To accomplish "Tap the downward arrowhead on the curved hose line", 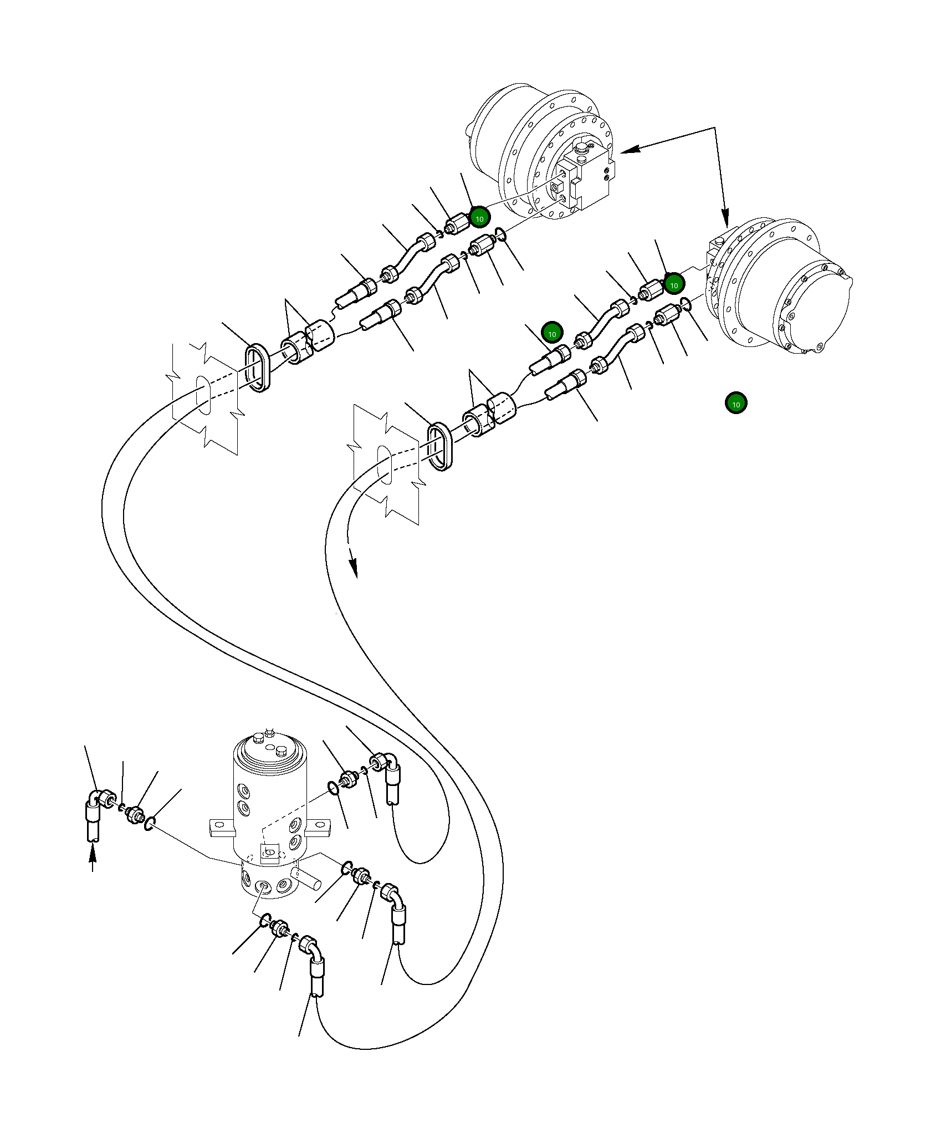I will pyautogui.click(x=354, y=569).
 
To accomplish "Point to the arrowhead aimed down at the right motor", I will pyautogui.click(x=725, y=218).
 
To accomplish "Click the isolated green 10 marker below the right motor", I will pyautogui.click(x=735, y=404).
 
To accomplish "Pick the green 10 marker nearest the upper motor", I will pyautogui.click(x=479, y=218).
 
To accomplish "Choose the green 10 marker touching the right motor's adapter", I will pyautogui.click(x=674, y=285).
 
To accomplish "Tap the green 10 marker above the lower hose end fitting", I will pyautogui.click(x=552, y=334).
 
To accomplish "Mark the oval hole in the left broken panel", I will pyautogui.click(x=204, y=396).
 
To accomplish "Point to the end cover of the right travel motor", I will pyautogui.click(x=815, y=310).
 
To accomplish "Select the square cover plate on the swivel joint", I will pyautogui.click(x=269, y=853).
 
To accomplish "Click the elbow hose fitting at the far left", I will pyautogui.click(x=99, y=802).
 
